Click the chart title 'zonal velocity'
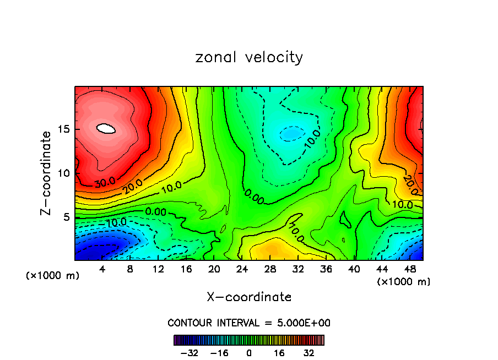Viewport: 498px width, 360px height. coord(249,57)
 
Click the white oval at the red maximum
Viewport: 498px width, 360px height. coord(106,128)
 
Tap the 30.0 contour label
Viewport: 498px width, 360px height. coord(105,182)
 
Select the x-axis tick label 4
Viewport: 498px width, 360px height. coord(102,269)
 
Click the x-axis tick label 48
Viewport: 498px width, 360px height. coord(409,269)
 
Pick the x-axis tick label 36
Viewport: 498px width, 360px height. coord(326,269)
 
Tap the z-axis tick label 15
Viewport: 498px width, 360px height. coord(63,130)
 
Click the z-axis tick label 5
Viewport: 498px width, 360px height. coord(66,217)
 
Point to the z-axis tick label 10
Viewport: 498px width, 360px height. coord(63,173)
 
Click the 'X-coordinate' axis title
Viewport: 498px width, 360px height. coord(249,297)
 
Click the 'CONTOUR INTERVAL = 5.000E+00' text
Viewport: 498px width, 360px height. coord(249,323)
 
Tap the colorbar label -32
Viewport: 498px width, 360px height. coord(190,352)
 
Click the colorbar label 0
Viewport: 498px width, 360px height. coord(249,352)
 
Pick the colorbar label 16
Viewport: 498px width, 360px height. coord(279,352)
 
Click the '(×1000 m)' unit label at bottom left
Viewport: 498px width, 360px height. coord(53,275)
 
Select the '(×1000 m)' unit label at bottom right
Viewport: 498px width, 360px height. coord(404,281)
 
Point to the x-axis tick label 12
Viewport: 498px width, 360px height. coord(158,269)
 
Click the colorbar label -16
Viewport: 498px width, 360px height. coord(220,352)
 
